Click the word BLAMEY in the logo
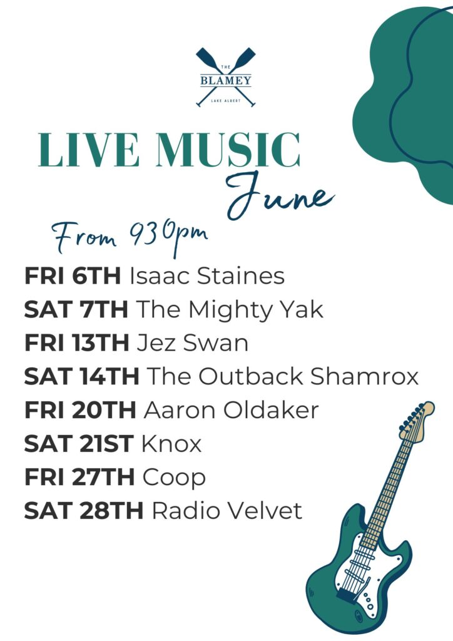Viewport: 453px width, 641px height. tap(225, 80)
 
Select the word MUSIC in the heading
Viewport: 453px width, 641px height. tap(228, 150)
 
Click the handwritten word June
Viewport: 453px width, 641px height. tap(280, 195)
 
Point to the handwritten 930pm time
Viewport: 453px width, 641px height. tap(169, 237)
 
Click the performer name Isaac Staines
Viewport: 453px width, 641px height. tap(207, 276)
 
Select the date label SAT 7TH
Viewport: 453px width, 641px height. tap(76, 309)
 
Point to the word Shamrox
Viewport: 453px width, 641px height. tap(364, 376)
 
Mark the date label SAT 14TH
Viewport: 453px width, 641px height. tap(82, 376)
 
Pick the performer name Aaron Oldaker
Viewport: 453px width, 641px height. tap(231, 410)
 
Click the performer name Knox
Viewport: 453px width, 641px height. tap(171, 444)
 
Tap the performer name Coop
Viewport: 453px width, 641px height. tap(174, 478)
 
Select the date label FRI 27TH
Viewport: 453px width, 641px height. tap(79, 477)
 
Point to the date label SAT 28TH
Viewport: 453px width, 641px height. tap(84, 511)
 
